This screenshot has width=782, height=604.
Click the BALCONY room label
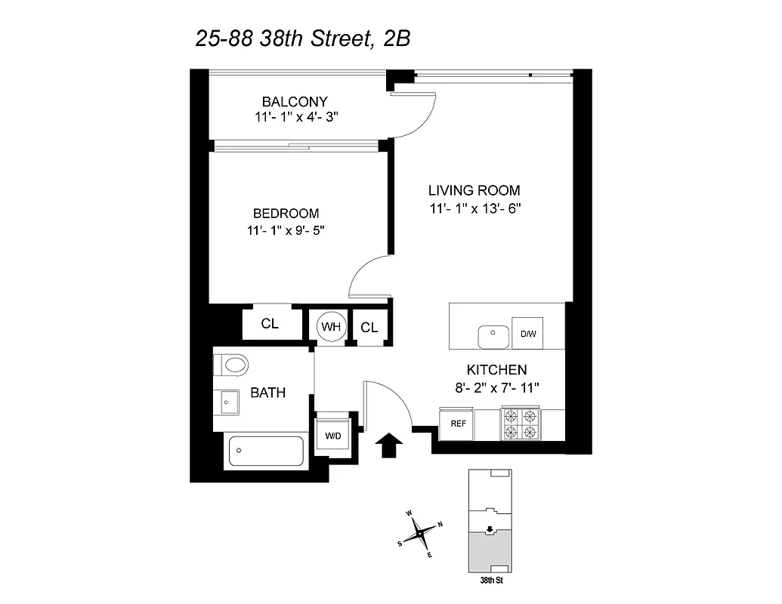point(295,101)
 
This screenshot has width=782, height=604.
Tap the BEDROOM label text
point(286,214)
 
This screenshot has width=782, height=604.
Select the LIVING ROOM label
point(474,191)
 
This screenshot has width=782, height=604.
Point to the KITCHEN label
point(496,370)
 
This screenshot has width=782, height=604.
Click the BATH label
point(267,393)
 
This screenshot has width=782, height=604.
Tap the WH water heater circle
point(330,326)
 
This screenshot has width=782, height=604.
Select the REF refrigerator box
point(458,424)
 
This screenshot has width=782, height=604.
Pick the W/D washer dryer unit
point(333,435)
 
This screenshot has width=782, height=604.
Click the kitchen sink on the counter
point(494,334)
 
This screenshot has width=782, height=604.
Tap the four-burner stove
point(521,424)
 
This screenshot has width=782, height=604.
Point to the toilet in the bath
point(231,365)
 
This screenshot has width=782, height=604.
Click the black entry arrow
point(388,445)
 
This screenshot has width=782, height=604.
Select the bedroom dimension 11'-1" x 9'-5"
point(286,231)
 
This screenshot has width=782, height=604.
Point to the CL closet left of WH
point(270,325)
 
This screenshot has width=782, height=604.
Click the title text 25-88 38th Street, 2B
point(302,38)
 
